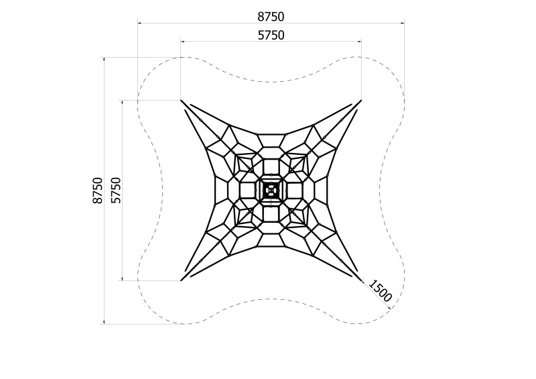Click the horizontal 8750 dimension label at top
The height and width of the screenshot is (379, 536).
click(271, 16)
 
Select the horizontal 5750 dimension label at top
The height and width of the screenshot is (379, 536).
click(271, 36)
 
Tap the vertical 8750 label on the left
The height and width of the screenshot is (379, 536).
click(97, 191)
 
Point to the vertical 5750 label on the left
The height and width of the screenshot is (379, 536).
click(116, 191)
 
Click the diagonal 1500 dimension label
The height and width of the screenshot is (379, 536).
click(380, 290)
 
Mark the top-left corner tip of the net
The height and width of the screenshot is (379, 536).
click(181, 101)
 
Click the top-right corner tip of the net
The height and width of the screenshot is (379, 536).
click(361, 101)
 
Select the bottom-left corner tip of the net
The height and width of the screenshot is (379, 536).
click(181, 281)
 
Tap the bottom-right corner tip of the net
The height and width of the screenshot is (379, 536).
click(361, 281)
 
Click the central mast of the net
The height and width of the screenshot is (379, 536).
click(271, 191)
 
